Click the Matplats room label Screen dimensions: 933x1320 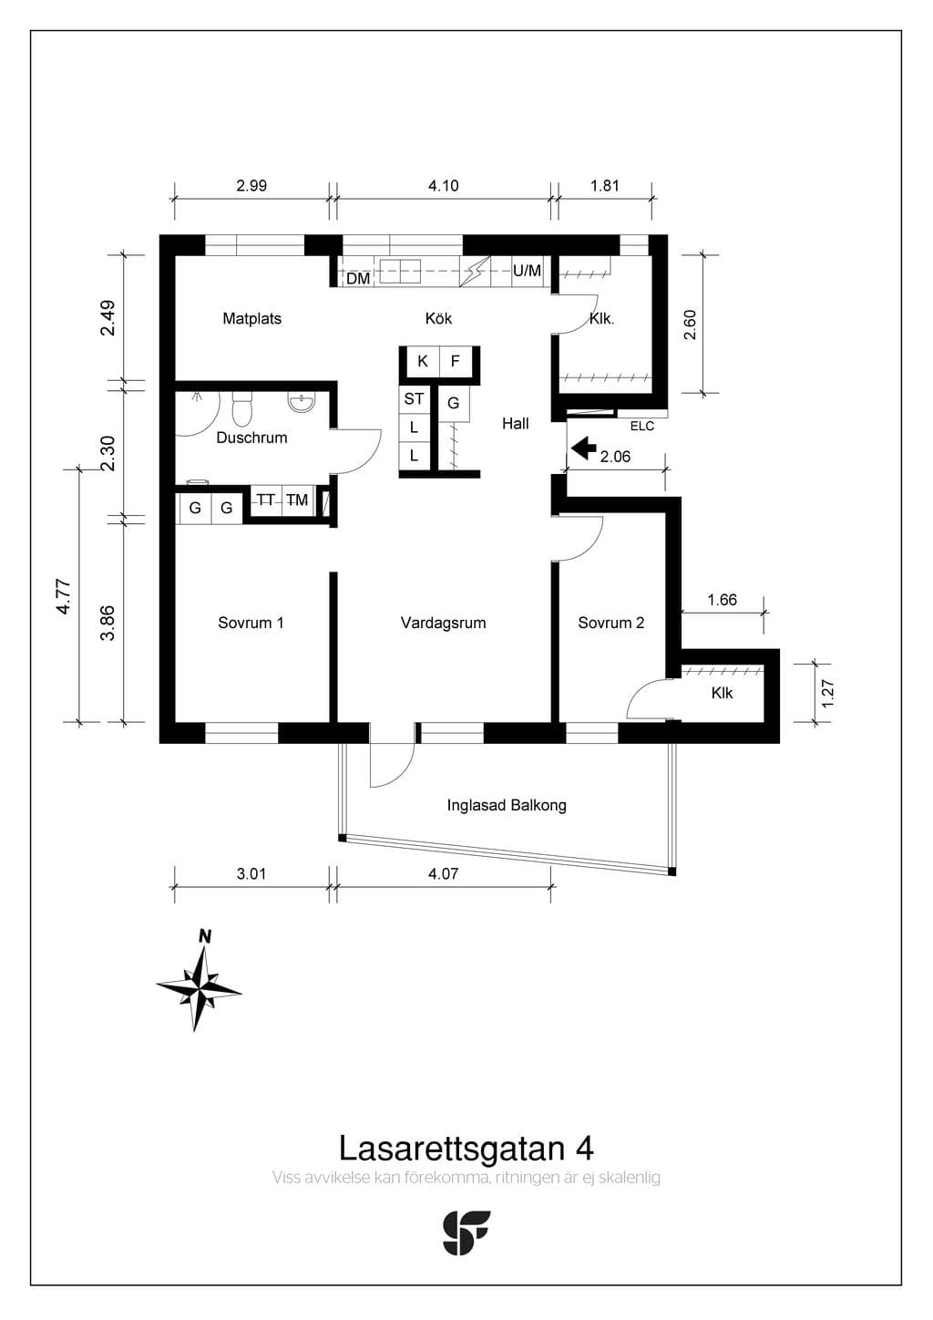click(251, 319)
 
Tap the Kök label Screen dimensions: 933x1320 click(438, 319)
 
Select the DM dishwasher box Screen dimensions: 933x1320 click(358, 278)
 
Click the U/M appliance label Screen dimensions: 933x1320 click(527, 271)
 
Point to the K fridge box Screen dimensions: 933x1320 click(423, 361)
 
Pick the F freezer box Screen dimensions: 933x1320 click(456, 361)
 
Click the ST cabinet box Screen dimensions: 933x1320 click(414, 399)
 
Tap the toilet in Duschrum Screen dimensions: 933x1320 click(241, 407)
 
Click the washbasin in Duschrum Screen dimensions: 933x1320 click(302, 402)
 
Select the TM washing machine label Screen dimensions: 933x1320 click(297, 500)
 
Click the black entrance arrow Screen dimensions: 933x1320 click(584, 448)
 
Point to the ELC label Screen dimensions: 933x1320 click(642, 426)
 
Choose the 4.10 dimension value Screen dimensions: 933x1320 click(443, 186)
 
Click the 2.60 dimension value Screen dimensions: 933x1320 click(690, 325)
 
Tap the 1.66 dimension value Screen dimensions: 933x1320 click(723, 600)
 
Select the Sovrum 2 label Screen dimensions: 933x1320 click(610, 623)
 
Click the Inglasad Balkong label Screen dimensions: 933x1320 click(507, 806)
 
